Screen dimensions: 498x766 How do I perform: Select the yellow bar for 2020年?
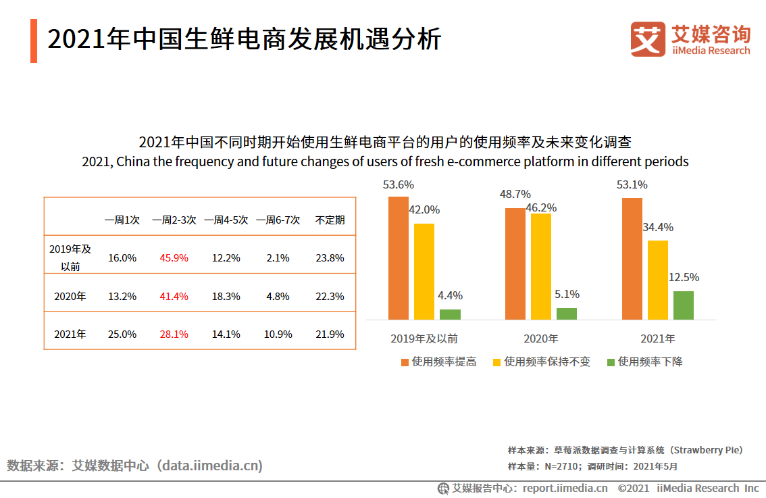coord(541,266)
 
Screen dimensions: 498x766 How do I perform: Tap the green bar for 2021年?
coord(684,305)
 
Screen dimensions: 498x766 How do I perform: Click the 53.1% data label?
coord(632,184)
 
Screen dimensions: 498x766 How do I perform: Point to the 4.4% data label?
coord(450,295)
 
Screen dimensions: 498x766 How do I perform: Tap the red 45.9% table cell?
coord(174,257)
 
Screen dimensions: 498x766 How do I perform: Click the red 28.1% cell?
coord(174,334)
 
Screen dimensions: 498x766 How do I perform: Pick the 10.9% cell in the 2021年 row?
coord(278,334)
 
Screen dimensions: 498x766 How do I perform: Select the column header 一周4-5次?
coord(226,220)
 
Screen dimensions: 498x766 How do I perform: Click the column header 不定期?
coord(330,220)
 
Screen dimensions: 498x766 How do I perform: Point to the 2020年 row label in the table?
coord(70,296)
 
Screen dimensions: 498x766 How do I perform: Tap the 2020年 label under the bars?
coord(540,339)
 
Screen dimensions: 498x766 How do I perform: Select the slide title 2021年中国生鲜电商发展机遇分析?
coord(244,40)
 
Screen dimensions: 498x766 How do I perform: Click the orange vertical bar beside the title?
coord(34,41)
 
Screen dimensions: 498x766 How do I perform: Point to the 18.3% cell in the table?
coord(226,296)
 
